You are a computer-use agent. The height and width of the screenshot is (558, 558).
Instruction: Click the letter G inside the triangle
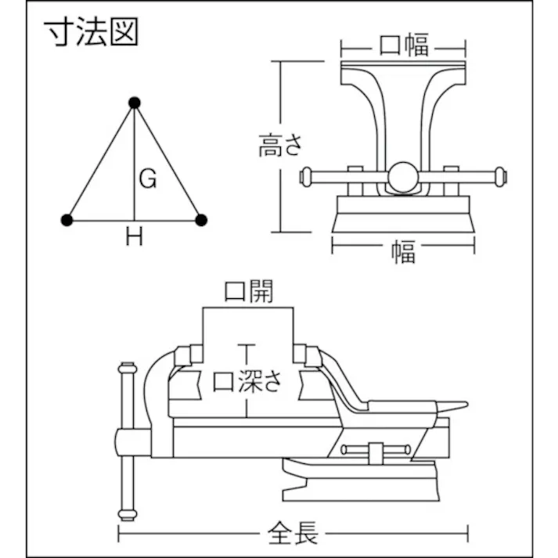148,179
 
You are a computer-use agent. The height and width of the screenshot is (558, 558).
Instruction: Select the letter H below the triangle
135,238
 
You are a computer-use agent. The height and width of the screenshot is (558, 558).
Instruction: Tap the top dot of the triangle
135,103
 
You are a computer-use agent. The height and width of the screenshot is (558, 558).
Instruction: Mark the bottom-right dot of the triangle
201,221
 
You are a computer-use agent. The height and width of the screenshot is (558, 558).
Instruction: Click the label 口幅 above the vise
404,45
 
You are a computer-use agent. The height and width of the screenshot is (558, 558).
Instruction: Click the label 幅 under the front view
403,252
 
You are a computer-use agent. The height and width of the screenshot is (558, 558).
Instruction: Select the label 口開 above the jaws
249,292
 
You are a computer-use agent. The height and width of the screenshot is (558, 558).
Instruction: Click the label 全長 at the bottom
293,535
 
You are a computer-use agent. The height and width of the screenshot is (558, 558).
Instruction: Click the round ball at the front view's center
405,176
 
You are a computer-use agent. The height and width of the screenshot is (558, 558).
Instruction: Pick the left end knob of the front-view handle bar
306,178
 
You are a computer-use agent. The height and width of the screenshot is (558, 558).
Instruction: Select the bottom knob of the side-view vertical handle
126,514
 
